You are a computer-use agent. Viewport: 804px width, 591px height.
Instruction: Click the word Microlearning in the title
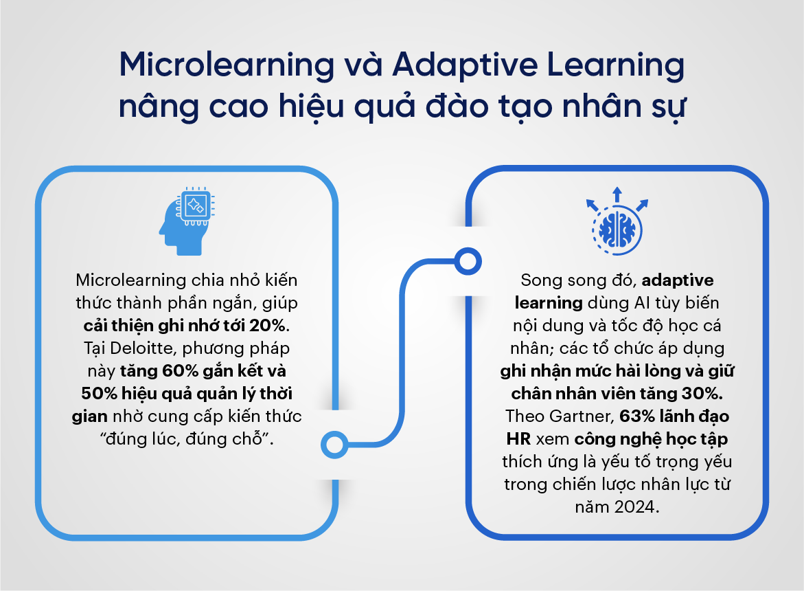(227, 65)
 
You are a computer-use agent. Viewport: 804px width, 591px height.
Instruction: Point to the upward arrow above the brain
(617, 194)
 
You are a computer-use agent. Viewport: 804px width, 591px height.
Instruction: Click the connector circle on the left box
(335, 444)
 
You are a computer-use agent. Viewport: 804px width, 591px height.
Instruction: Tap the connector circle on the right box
(468, 261)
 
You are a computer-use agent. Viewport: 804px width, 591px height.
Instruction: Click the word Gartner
(582, 416)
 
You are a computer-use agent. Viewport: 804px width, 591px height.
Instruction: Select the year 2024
(636, 507)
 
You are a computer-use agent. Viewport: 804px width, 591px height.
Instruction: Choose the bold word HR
(519, 438)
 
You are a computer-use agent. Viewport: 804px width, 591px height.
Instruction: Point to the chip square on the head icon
(196, 206)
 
